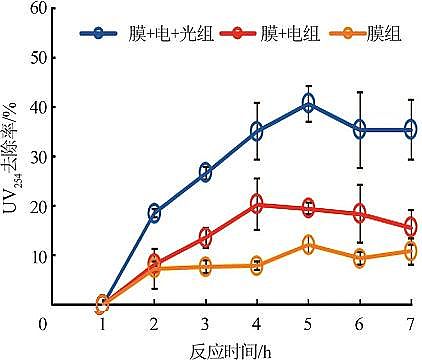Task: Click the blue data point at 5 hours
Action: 308,104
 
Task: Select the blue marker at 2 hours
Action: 154,212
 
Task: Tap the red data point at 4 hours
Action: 257,204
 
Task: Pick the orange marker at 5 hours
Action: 308,245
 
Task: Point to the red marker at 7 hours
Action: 410,227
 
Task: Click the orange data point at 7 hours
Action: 410,251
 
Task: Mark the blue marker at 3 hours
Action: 205,172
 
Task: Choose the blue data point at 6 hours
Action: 359,129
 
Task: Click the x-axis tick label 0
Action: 43,324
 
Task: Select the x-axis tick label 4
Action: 257,324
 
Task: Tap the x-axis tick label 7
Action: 410,324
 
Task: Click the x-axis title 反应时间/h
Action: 231,349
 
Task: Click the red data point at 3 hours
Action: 205,237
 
